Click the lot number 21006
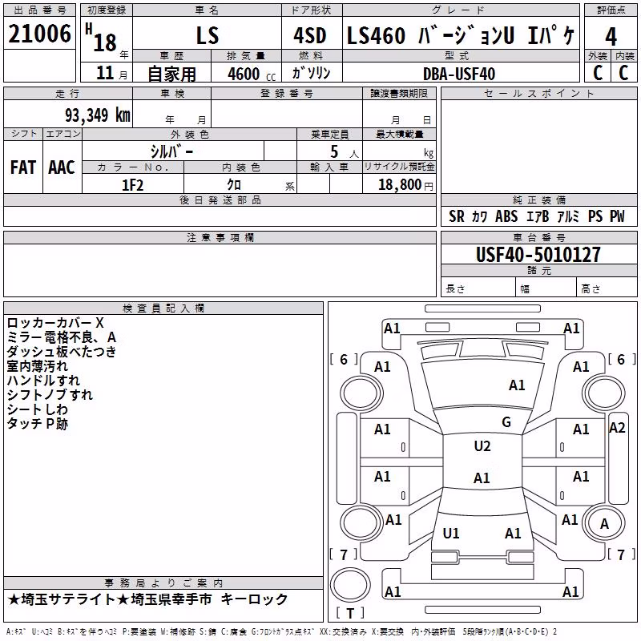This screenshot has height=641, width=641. [x=39, y=34]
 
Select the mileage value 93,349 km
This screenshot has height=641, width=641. [x=98, y=115]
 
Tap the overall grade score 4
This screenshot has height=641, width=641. [x=611, y=37]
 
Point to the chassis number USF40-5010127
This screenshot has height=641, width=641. [x=538, y=255]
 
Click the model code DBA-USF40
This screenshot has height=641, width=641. [x=458, y=74]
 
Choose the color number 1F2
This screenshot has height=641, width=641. [x=132, y=185]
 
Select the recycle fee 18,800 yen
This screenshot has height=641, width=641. [x=405, y=185]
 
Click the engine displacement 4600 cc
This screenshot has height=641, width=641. [x=252, y=75]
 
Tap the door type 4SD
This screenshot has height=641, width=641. [x=310, y=36]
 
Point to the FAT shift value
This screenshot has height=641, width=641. [x=23, y=167]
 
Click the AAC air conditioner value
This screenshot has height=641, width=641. [x=62, y=167]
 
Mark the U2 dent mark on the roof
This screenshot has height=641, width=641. [x=482, y=446]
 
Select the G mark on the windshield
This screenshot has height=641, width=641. [x=506, y=422]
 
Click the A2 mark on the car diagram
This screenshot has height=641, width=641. [x=617, y=428]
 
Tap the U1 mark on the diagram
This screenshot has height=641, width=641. [x=451, y=533]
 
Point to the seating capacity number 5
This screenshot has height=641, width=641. [x=334, y=151]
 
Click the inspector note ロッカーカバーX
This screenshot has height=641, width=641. [x=55, y=323]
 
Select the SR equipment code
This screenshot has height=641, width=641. [x=456, y=216]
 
